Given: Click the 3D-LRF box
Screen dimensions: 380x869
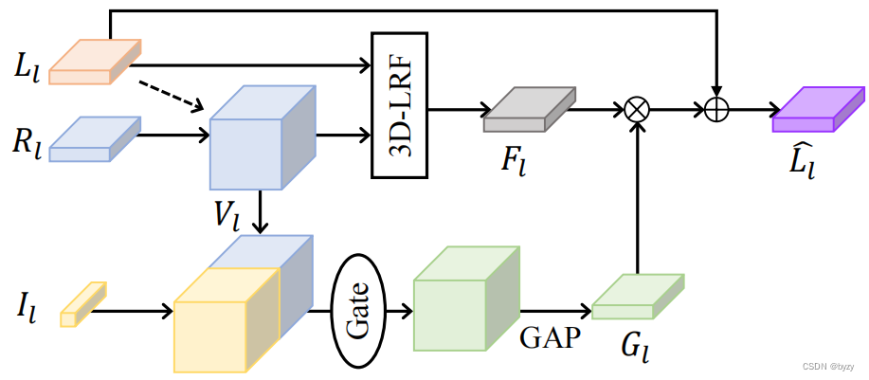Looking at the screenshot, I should tap(399, 104).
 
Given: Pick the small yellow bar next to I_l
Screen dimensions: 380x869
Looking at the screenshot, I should tap(83, 304).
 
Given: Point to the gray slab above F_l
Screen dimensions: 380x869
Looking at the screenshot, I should tap(529, 110).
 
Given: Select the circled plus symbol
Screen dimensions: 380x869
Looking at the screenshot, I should tap(716, 109).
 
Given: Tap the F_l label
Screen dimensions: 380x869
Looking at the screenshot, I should tap(514, 159).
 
